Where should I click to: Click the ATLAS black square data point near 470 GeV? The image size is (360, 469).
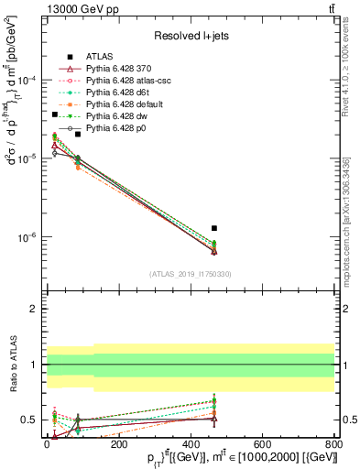coord(214,228)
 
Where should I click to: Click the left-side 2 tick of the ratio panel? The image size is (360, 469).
coord(34,309)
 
